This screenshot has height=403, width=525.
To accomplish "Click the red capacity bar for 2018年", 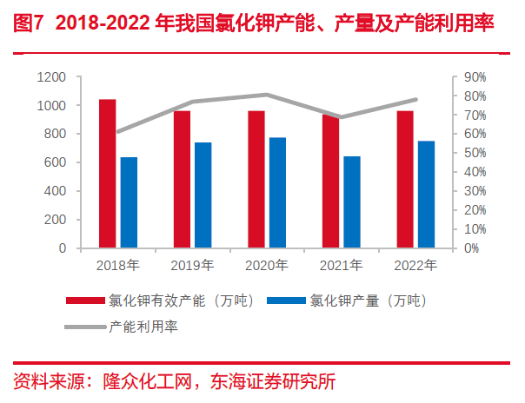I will coord(107,174).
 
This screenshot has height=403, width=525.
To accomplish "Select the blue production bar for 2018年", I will coord(129,202).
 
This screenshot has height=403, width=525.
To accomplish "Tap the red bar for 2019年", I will coord(182,179).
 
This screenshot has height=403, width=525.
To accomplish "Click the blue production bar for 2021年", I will coord(352,201).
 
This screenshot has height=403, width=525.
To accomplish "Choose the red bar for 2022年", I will coord(405,179).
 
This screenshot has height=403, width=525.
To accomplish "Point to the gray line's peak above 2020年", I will coord(266,95).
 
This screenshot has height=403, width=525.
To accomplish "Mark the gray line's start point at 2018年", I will coord(118,132).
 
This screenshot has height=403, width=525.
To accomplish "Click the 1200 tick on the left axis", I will coord(51,77).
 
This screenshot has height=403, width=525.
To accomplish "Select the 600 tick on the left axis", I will coord(55,162).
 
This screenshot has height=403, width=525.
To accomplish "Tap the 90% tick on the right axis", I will coord(475,77).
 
